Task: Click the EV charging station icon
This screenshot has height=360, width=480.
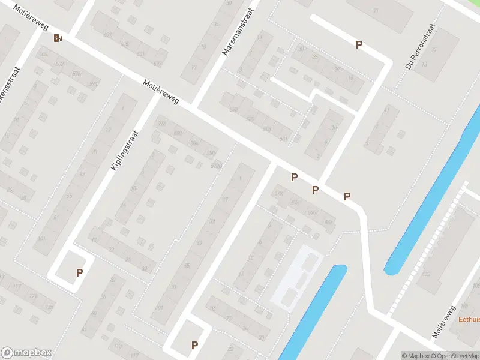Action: tap(58, 38)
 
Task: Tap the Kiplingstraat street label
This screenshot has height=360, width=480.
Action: tap(125, 150)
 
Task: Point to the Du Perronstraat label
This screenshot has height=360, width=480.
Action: tap(420, 47)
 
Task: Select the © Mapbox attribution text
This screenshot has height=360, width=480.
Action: tap(416, 356)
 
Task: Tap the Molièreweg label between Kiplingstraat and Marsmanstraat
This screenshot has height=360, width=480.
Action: tap(161, 92)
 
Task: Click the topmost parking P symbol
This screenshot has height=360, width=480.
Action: tap(359, 44)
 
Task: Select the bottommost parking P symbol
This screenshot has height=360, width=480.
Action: tap(194, 345)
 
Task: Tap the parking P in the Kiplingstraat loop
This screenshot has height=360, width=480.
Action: tap(79, 272)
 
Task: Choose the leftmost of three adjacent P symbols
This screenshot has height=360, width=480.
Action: tap(294, 177)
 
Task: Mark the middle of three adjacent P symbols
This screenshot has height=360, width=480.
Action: tap(315, 190)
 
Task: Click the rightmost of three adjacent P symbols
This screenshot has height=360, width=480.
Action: tap(347, 196)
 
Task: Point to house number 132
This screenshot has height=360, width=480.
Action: tap(427, 274)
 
